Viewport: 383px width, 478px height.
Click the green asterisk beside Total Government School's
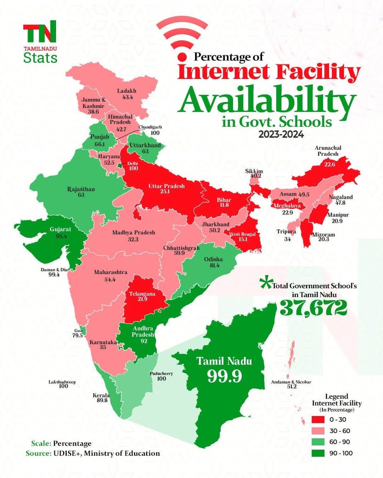pyautogui.click(x=265, y=284)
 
